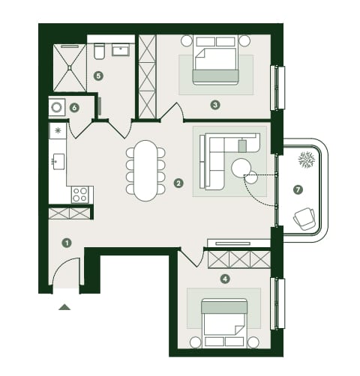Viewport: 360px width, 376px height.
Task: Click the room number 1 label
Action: [x=67, y=243]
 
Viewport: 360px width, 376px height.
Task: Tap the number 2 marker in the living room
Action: [x=178, y=184]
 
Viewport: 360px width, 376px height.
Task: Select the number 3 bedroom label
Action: [x=215, y=105]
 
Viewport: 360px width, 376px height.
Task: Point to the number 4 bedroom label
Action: [x=225, y=279]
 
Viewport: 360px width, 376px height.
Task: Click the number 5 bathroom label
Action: [x=98, y=76]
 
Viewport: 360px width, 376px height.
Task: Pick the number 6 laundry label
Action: [x=74, y=108]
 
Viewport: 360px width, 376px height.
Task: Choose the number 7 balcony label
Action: [x=298, y=189]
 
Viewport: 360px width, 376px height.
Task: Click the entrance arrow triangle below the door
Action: [x=64, y=307]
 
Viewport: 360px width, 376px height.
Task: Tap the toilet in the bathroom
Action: [x=99, y=52]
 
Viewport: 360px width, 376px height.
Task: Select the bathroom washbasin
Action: [x=121, y=49]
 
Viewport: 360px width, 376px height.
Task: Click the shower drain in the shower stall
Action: [x=70, y=67]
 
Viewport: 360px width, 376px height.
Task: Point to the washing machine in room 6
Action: [x=57, y=107]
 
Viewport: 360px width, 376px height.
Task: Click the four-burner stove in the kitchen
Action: [x=80, y=195]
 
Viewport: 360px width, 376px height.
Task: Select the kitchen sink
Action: [x=58, y=162]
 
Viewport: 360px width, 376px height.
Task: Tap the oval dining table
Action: [x=145, y=171]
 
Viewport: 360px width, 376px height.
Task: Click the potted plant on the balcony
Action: [x=306, y=160]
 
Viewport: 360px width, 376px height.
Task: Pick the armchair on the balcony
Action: [x=304, y=219]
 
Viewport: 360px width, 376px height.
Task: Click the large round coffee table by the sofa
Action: [x=241, y=168]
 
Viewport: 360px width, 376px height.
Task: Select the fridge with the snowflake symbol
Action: [x=58, y=130]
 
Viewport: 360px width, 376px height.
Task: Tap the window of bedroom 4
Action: [x=278, y=303]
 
